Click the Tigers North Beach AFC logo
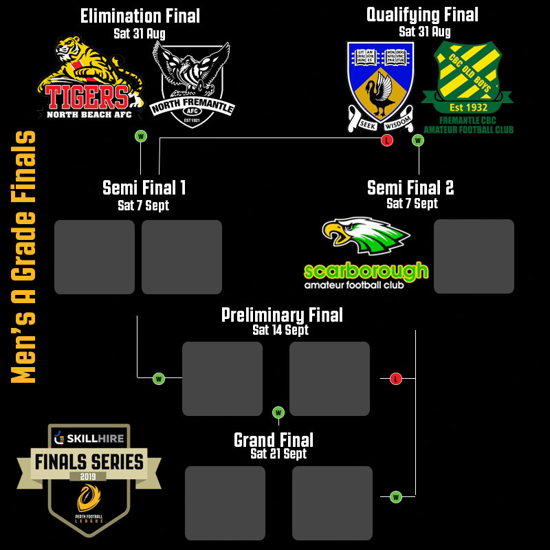(x=89, y=79)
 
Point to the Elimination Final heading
(x=140, y=16)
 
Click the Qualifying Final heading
(x=422, y=14)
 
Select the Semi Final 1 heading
(x=144, y=188)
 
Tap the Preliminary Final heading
(x=282, y=315)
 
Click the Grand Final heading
(x=274, y=440)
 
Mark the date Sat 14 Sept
(x=280, y=331)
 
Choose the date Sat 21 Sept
(x=278, y=454)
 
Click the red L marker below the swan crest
(x=387, y=140)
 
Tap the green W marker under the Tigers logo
(x=141, y=136)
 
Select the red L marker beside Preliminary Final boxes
(x=395, y=379)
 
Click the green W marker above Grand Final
(x=278, y=412)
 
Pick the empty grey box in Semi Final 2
(x=474, y=256)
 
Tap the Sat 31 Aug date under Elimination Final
(x=140, y=32)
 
